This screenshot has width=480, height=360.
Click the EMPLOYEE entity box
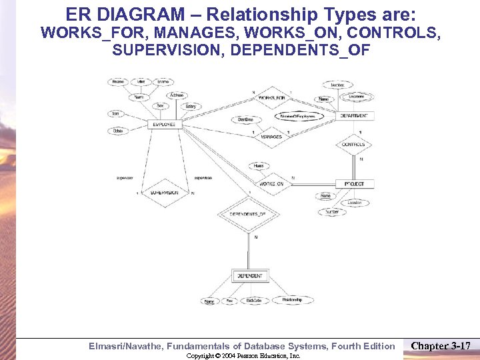(x=163, y=124)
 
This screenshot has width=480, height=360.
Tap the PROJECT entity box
(x=355, y=183)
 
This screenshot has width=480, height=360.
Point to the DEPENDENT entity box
(x=249, y=275)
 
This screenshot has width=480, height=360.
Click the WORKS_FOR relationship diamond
(x=271, y=98)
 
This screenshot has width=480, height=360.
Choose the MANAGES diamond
(x=271, y=137)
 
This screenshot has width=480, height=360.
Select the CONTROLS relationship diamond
(x=353, y=144)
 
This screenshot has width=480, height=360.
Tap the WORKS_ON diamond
(x=271, y=183)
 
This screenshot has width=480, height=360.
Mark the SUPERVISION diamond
(x=163, y=193)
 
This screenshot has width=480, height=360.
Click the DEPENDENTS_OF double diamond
(x=248, y=214)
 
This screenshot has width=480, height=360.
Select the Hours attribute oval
(x=259, y=165)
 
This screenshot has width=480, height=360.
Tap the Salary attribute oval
(x=191, y=107)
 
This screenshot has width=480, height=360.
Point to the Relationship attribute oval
(x=292, y=300)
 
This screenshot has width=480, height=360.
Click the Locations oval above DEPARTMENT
(x=357, y=97)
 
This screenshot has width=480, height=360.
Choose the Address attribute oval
(x=176, y=95)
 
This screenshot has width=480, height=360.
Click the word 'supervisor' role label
(x=125, y=178)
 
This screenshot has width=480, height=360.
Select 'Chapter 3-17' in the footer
(x=441, y=346)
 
